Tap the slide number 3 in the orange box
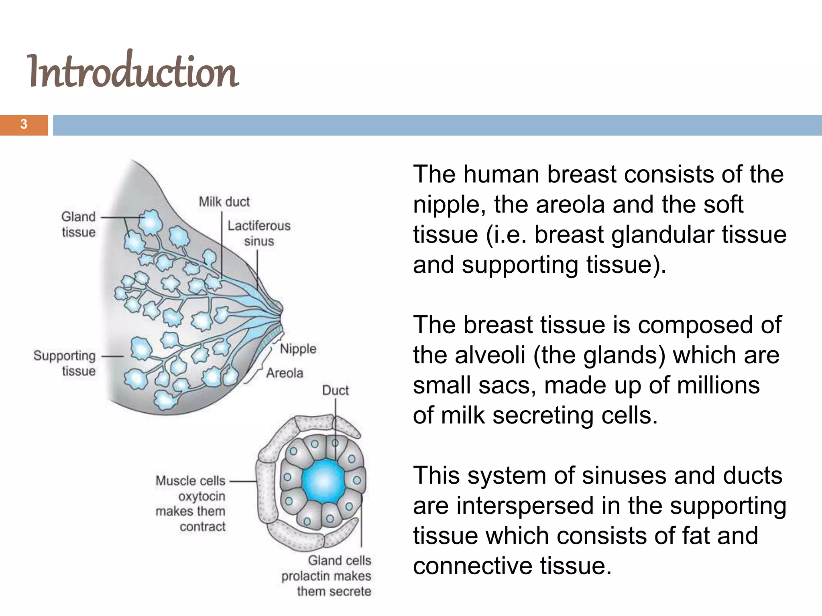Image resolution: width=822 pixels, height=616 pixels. tap(24, 125)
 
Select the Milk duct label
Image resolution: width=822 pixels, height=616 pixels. tap(224, 201)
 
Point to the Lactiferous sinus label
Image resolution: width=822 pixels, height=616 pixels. tap(259, 233)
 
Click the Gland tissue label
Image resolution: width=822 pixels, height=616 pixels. tap(79, 224)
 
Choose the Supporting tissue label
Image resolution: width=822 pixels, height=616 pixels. tap(65, 363)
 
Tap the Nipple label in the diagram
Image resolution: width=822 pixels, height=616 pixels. tap(298, 349)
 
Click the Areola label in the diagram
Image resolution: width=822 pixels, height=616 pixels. tap(285, 373)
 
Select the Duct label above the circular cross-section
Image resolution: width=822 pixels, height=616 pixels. tap(335, 390)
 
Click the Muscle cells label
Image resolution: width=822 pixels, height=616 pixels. tap(191, 480)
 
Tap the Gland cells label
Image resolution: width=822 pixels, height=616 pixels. tap(340, 560)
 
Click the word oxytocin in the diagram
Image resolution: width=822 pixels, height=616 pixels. tap(202, 496)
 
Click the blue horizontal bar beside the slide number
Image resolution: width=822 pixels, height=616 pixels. tap(437, 125)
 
